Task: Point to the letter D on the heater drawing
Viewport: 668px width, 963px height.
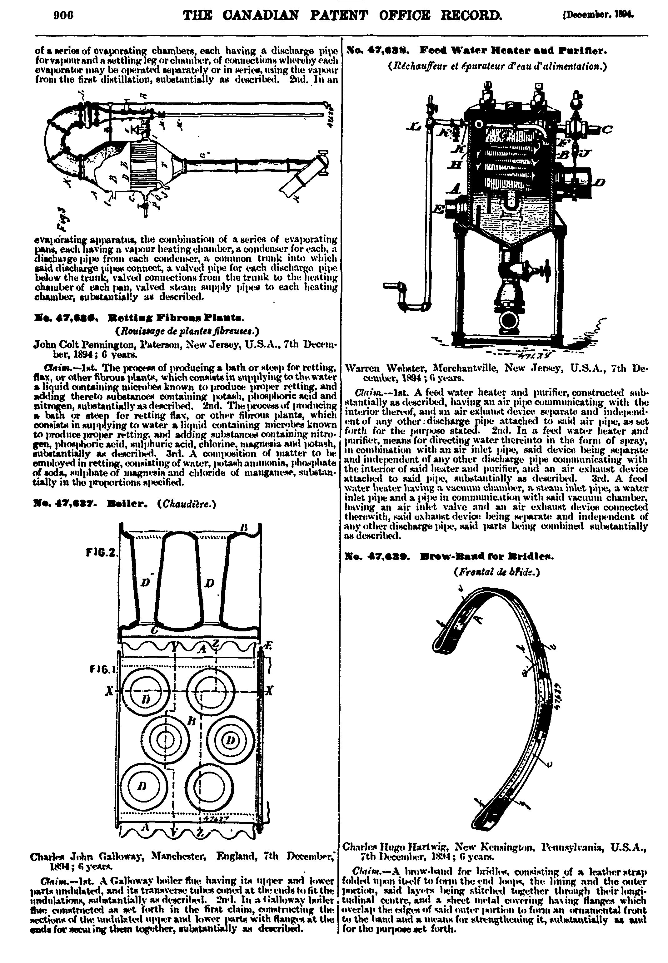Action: coord(600,182)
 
